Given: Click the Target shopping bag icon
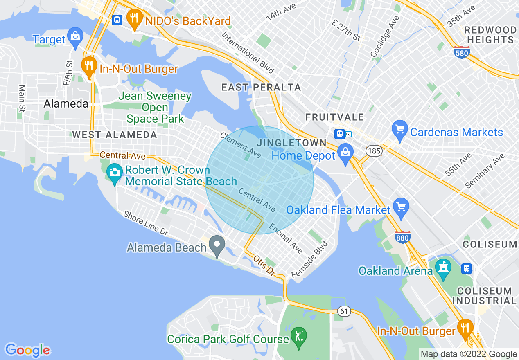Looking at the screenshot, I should pos(75,36).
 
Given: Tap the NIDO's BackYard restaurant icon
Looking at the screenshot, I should pos(134,18).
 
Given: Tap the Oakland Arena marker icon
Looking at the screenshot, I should pos(443,268).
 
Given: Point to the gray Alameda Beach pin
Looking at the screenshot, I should pos(217,246).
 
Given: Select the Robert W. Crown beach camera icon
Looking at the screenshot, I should pos(115,171).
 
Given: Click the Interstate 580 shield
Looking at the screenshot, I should pos(461,52).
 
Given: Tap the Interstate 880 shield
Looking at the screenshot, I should pos(403,237).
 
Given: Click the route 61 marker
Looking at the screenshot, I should pos(344,312).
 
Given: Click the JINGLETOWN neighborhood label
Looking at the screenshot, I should pos(291,143).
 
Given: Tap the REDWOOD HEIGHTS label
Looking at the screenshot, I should pos(490,35).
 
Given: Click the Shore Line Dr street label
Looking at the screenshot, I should pos(146,223).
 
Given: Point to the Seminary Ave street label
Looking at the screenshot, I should pos(485,171).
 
